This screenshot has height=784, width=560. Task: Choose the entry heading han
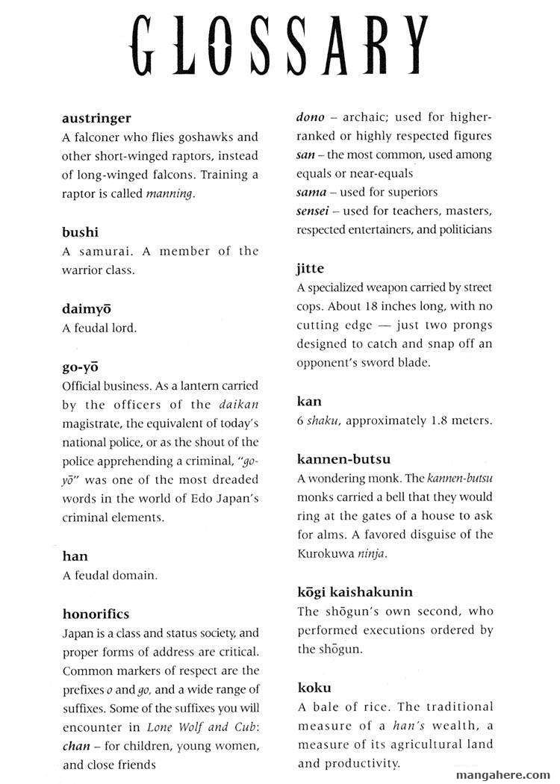pyautogui.click(x=75, y=556)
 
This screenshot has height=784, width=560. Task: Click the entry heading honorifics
pyautogui.click(x=96, y=614)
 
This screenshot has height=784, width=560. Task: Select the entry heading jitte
pyautogui.click(x=310, y=268)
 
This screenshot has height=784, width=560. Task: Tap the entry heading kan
pyautogui.click(x=308, y=401)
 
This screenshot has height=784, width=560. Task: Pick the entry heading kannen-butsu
pyautogui.click(x=343, y=458)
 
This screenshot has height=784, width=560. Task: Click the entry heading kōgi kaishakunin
pyautogui.click(x=355, y=592)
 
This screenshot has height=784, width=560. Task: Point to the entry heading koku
pyautogui.click(x=314, y=687)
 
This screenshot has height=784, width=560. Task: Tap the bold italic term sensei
pyautogui.click(x=313, y=211)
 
